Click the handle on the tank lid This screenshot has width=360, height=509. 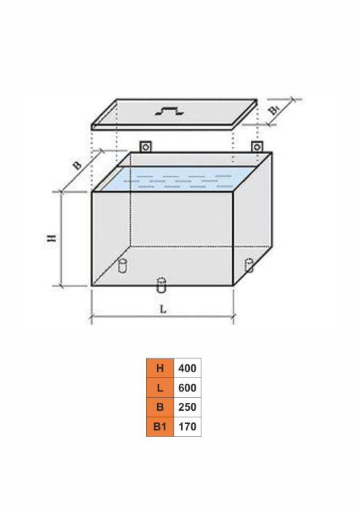point(169,111)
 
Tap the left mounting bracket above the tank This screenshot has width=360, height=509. point(145,147)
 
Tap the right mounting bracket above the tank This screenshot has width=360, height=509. point(257,147)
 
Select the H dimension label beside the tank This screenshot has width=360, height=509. point(52,238)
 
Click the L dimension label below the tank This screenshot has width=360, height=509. point(163,309)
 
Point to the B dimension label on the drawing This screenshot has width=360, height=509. point(77,165)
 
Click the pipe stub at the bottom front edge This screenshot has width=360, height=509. point(161,285)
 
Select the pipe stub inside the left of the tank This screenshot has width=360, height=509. point(122,266)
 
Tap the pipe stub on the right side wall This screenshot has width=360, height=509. point(249,265)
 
